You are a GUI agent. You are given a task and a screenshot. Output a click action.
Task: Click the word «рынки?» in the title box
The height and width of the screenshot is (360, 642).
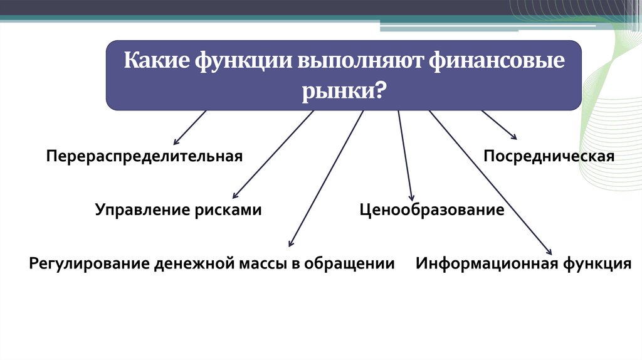tap(345, 92)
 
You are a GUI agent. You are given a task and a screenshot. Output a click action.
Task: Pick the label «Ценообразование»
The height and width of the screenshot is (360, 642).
tap(432, 209)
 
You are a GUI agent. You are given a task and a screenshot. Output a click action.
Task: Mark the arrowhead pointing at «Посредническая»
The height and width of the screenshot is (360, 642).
tap(513, 137)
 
